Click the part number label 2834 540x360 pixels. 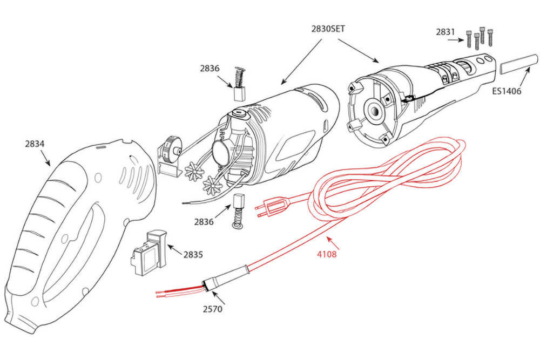click(x=35, y=144)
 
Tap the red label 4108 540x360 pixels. click(x=326, y=254)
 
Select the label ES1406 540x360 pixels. click(x=506, y=91)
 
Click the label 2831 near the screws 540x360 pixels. click(x=447, y=32)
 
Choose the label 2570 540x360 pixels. click(x=211, y=309)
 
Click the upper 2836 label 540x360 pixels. click(x=210, y=69)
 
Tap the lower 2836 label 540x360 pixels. click(x=204, y=222)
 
